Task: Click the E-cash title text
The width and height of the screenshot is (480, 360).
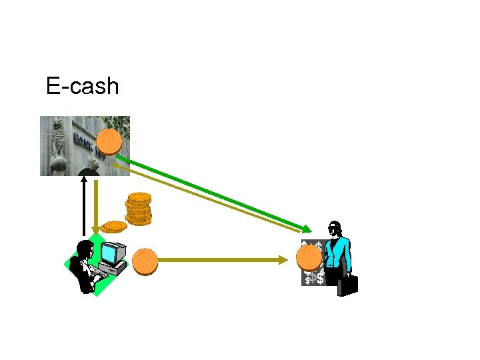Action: [x=83, y=86]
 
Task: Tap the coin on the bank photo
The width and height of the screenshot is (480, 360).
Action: [x=109, y=141]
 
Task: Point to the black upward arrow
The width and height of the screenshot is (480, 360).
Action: [x=84, y=207]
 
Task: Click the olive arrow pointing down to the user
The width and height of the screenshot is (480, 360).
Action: [x=97, y=207]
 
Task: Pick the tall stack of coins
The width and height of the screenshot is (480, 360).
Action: [x=139, y=208]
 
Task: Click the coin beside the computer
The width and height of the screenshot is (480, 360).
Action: [x=145, y=261]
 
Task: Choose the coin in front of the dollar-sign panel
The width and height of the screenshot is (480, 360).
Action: [x=309, y=257]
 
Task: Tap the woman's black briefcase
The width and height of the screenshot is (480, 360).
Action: [x=347, y=285]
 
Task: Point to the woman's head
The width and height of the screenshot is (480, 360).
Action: [x=335, y=229]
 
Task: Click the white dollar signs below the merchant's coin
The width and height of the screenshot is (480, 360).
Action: [x=314, y=277]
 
